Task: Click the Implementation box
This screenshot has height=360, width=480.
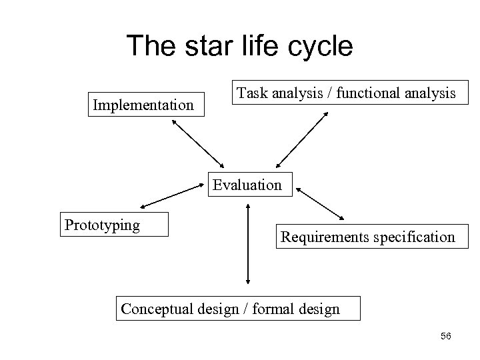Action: pyautogui.click(x=144, y=105)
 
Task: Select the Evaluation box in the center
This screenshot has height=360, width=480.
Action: pyautogui.click(x=247, y=185)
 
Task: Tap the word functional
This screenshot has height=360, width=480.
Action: pyautogui.click(x=369, y=93)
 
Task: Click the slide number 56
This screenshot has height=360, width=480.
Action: pyautogui.click(x=445, y=336)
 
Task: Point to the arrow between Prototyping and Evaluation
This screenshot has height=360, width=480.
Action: pyautogui.click(x=173, y=197)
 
